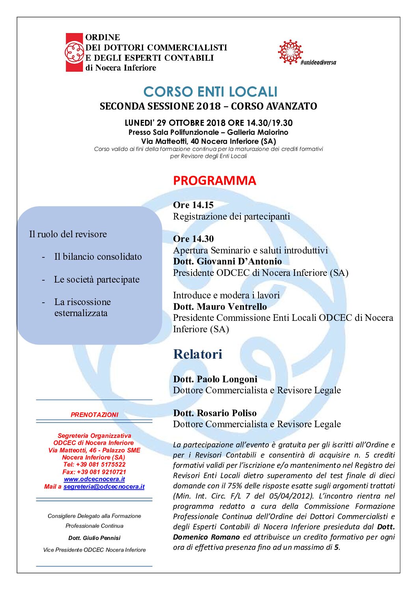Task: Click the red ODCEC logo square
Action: [x=74, y=52]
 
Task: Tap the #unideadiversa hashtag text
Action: [x=318, y=63]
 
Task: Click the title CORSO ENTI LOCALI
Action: [x=210, y=92]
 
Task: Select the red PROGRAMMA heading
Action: [x=214, y=181]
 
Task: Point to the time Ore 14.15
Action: [x=193, y=205]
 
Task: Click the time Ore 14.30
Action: [x=193, y=239]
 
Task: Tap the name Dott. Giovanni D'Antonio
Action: [x=227, y=261]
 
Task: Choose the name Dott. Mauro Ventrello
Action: [x=220, y=307]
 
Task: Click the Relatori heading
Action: [x=197, y=354]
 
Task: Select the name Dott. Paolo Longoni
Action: [x=215, y=379]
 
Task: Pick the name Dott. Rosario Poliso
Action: [x=215, y=413]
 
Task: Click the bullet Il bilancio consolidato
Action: [x=98, y=257]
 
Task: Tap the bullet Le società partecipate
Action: [x=97, y=279]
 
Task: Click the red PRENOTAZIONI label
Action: [x=94, y=415]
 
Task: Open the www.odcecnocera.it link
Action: [x=94, y=479]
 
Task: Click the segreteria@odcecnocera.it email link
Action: [x=104, y=487]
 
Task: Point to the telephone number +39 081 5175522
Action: [x=101, y=465]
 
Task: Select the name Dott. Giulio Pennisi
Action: [x=94, y=538]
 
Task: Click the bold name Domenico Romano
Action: [x=206, y=537]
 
